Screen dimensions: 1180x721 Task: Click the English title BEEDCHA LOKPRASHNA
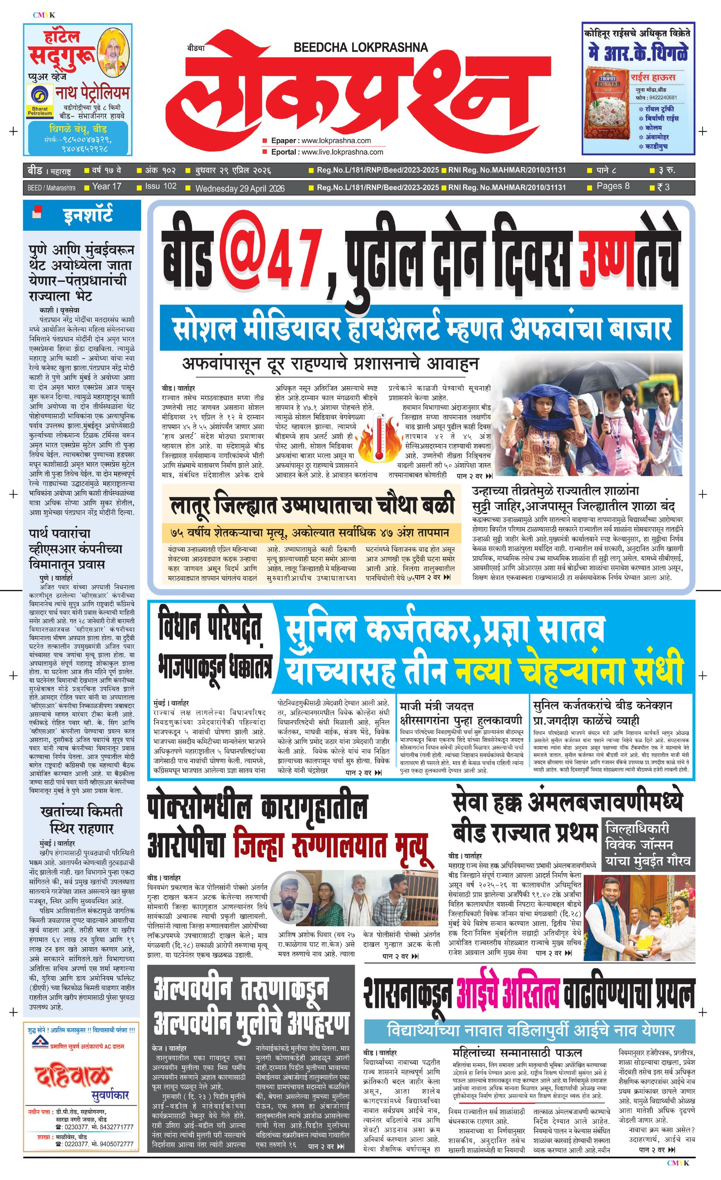click(x=360, y=47)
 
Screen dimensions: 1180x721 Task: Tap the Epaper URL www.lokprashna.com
click(x=336, y=140)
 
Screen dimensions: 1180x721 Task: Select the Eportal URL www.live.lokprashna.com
click(x=342, y=152)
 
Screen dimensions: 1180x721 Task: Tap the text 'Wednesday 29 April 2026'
click(x=240, y=188)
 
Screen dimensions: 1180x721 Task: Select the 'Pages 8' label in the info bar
click(x=613, y=186)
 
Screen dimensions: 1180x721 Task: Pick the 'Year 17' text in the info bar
click(x=107, y=186)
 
